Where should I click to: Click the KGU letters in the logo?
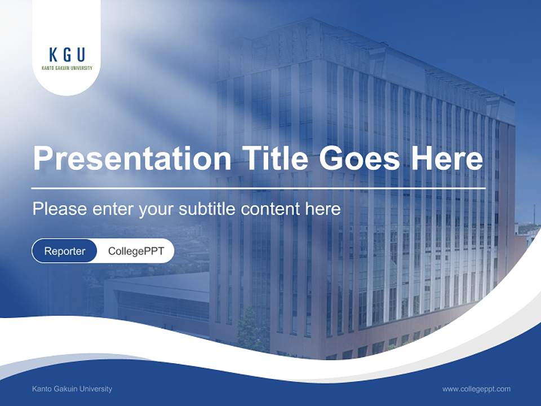pos(67,55)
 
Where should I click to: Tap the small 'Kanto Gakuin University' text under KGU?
pos(67,68)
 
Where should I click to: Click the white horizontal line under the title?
pos(258,188)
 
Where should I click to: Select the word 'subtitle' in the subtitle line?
pos(207,209)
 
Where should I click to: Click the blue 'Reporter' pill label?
pos(65,251)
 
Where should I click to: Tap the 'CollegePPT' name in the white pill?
pos(136,251)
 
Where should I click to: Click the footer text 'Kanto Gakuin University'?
pos(72,389)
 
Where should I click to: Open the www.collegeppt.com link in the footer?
pos(476,389)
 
